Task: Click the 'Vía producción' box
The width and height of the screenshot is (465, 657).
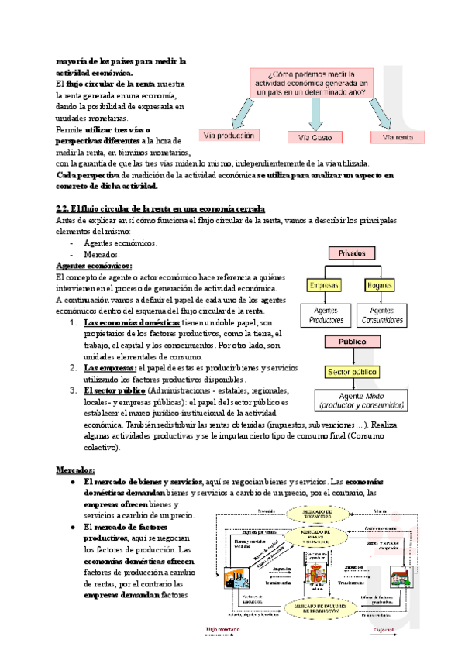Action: click(x=229, y=136)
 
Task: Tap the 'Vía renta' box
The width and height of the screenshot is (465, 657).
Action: click(x=398, y=137)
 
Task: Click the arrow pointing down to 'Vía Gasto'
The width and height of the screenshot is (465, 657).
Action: click(x=315, y=115)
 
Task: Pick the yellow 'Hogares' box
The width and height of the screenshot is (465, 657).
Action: click(x=384, y=285)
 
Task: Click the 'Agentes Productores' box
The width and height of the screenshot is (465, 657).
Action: click(x=326, y=315)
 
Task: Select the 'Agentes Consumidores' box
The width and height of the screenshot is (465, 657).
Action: click(x=384, y=315)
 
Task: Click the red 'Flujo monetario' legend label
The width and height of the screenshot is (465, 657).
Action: click(x=224, y=630)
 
